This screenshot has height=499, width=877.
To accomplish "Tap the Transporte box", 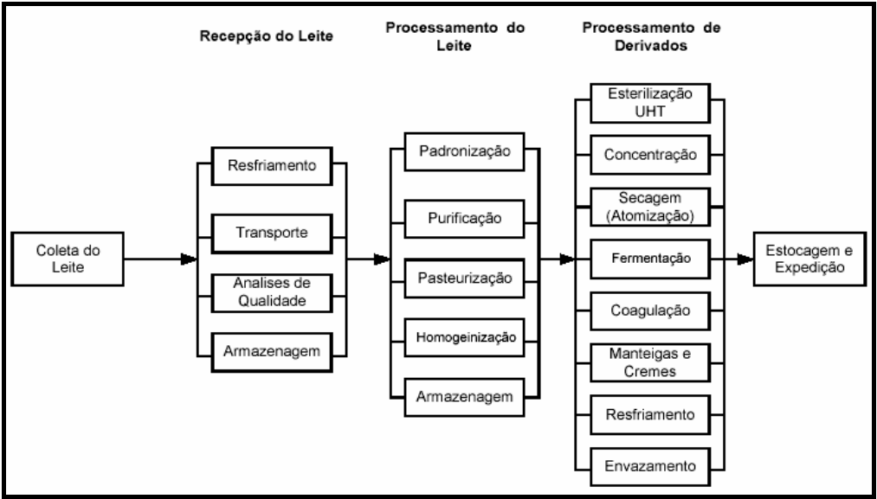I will pyautogui.click(x=271, y=233).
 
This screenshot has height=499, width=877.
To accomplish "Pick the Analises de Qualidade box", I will pyautogui.click(x=271, y=292).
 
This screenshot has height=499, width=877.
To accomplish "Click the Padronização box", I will pyautogui.click(x=467, y=152).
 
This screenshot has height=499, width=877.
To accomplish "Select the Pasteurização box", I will pyautogui.click(x=467, y=278).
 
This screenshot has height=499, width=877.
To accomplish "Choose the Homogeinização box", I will pyautogui.click(x=467, y=338).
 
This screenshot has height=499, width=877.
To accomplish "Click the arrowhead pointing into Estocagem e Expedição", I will pyautogui.click(x=744, y=258).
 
